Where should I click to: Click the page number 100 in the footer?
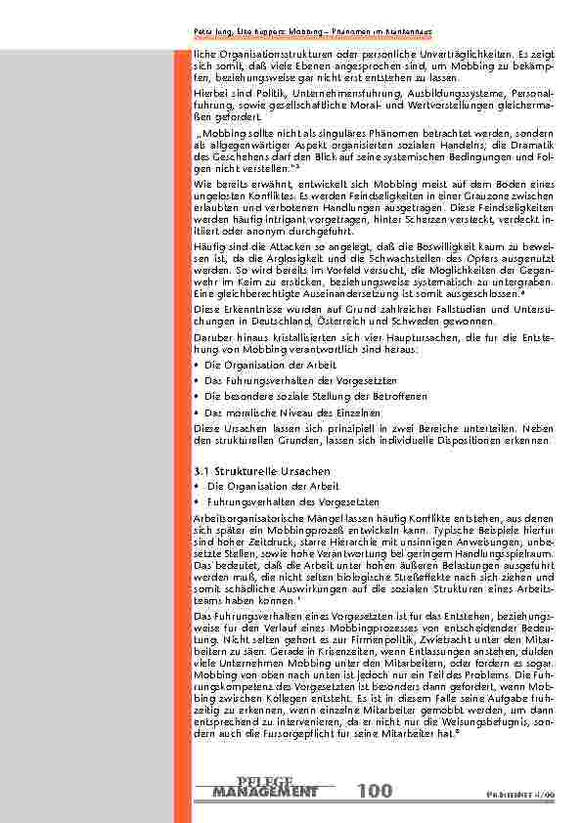[376, 790]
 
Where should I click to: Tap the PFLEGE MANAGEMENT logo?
[264, 785]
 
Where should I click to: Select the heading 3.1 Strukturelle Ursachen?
[249, 471]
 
